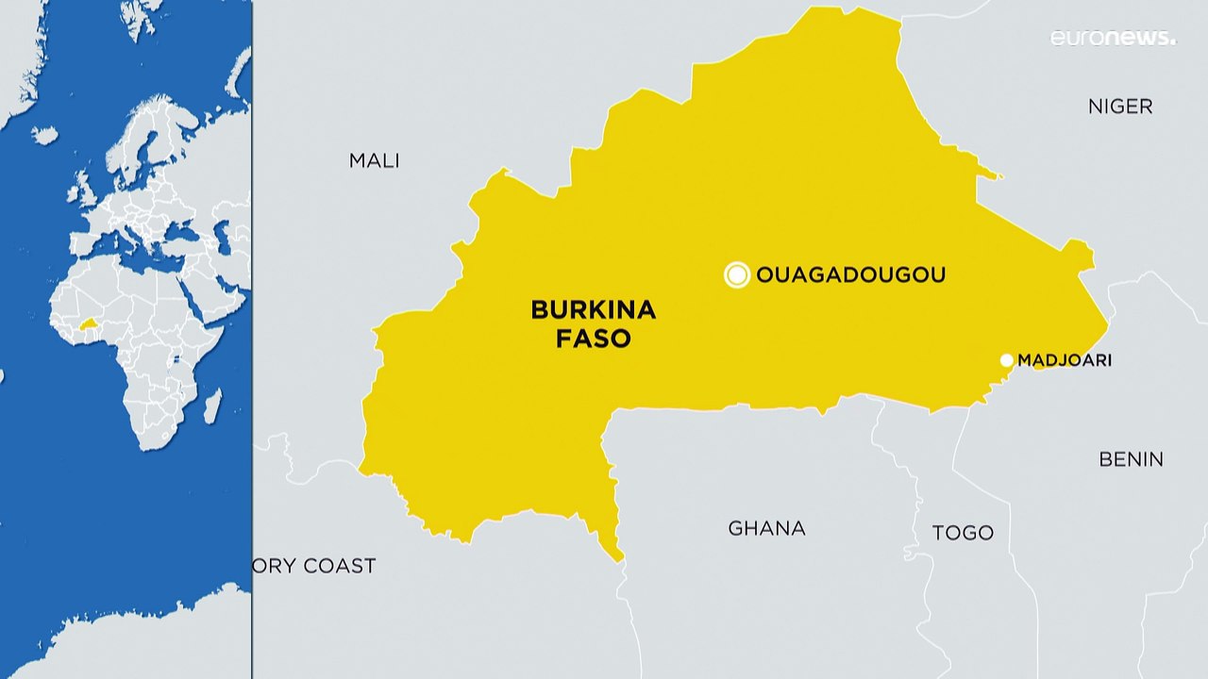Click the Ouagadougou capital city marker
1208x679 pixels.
click(737, 275)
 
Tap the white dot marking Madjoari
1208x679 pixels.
click(1007, 360)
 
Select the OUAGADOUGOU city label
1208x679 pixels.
click(850, 275)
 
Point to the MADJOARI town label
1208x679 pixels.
click(1064, 360)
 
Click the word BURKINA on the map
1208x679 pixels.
click(593, 309)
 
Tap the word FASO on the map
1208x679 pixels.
click(593, 339)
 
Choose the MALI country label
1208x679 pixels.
click(375, 160)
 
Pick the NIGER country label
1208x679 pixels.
click(1120, 107)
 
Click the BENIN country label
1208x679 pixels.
click(1131, 459)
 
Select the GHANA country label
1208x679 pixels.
click(766, 528)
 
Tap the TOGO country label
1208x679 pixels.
click(963, 533)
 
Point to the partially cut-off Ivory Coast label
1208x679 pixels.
click(314, 566)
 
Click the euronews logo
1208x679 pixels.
click(1114, 38)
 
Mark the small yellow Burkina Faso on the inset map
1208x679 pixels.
click(90, 323)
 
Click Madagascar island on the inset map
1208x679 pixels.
click(212, 406)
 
